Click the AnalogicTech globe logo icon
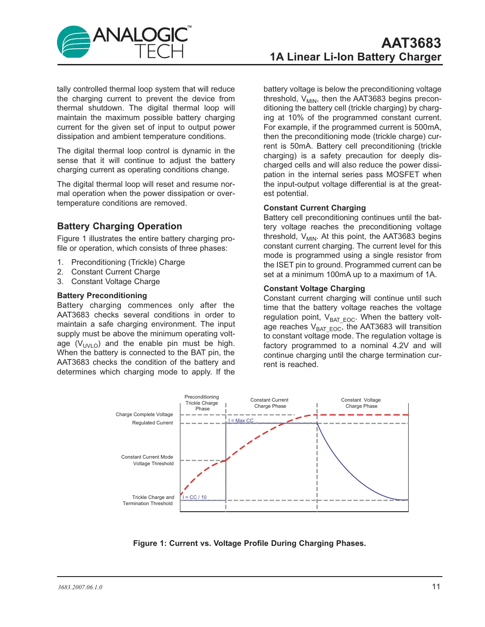click(x=74, y=42)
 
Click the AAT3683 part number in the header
click(x=411, y=43)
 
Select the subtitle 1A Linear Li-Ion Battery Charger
click(x=356, y=57)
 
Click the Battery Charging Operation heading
click(x=119, y=226)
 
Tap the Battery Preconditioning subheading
click(x=102, y=296)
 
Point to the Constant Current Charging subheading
click(x=314, y=208)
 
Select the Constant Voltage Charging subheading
click(x=314, y=289)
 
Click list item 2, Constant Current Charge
click(x=115, y=272)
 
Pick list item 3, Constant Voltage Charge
click(x=115, y=281)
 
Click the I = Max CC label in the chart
click(x=241, y=420)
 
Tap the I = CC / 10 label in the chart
click(x=194, y=497)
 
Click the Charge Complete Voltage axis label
click(x=144, y=414)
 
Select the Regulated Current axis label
click(x=152, y=423)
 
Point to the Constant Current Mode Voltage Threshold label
click(x=147, y=460)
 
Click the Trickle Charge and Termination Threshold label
click(x=148, y=500)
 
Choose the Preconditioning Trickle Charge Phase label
click(x=202, y=403)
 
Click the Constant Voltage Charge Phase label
click(x=361, y=403)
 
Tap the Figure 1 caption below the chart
click(x=249, y=543)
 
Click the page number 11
click(x=436, y=587)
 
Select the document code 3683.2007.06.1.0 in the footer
click(x=80, y=587)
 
